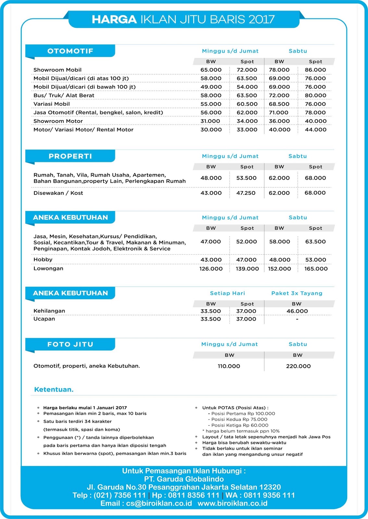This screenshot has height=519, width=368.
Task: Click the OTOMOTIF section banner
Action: tap(70, 51)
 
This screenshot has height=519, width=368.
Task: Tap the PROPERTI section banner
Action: tap(70, 156)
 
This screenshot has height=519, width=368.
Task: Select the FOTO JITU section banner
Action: tap(70, 344)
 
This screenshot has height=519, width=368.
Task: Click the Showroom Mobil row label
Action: tap(57, 70)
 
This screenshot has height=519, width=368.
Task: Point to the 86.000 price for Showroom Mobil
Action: tap(315, 70)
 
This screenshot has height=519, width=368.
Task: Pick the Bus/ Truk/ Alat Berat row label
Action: tap(64, 95)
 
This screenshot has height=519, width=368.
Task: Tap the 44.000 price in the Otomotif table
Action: tap(315, 129)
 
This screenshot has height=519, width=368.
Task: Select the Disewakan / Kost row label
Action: tap(58, 193)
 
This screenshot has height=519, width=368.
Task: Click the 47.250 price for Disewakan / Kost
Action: tap(246, 193)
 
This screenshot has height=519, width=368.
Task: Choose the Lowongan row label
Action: tap(48, 269)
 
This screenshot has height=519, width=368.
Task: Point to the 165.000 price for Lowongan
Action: tap(316, 269)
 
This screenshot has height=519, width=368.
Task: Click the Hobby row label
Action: tap(43, 259)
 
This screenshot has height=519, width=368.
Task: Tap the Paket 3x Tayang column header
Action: tap(297, 293)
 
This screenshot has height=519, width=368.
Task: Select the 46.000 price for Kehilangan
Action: tap(297, 311)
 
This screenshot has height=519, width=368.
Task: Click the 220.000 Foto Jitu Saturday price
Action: tap(298, 366)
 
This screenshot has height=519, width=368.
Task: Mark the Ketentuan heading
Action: tap(54, 390)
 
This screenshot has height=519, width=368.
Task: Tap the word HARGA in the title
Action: tap(114, 19)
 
